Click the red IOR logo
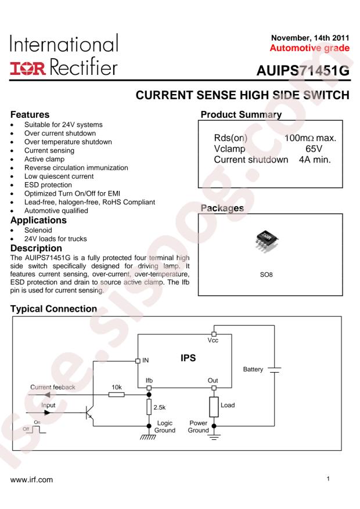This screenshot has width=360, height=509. (x=28, y=68)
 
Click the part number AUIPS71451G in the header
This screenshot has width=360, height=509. (x=303, y=71)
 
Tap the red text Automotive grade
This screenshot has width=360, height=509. (x=309, y=48)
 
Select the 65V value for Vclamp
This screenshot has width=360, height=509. (x=314, y=149)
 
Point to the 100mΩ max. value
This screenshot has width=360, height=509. (x=310, y=138)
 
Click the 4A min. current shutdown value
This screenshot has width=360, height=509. (x=315, y=160)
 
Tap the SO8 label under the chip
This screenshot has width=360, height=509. (x=266, y=275)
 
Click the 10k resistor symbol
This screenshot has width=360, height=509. (x=116, y=395)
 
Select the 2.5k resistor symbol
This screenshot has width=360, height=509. (x=149, y=407)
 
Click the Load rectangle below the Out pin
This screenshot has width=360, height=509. (x=214, y=407)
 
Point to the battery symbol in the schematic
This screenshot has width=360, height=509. (x=275, y=370)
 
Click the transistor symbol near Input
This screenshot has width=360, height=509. (x=89, y=413)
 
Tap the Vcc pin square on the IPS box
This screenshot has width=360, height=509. (x=214, y=334)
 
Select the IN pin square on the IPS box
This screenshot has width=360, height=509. (x=138, y=360)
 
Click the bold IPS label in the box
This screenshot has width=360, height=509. (x=188, y=358)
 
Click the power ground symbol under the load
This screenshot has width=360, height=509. (x=214, y=436)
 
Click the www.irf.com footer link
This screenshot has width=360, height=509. (x=31, y=480)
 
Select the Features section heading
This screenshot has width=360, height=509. (x=30, y=114)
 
